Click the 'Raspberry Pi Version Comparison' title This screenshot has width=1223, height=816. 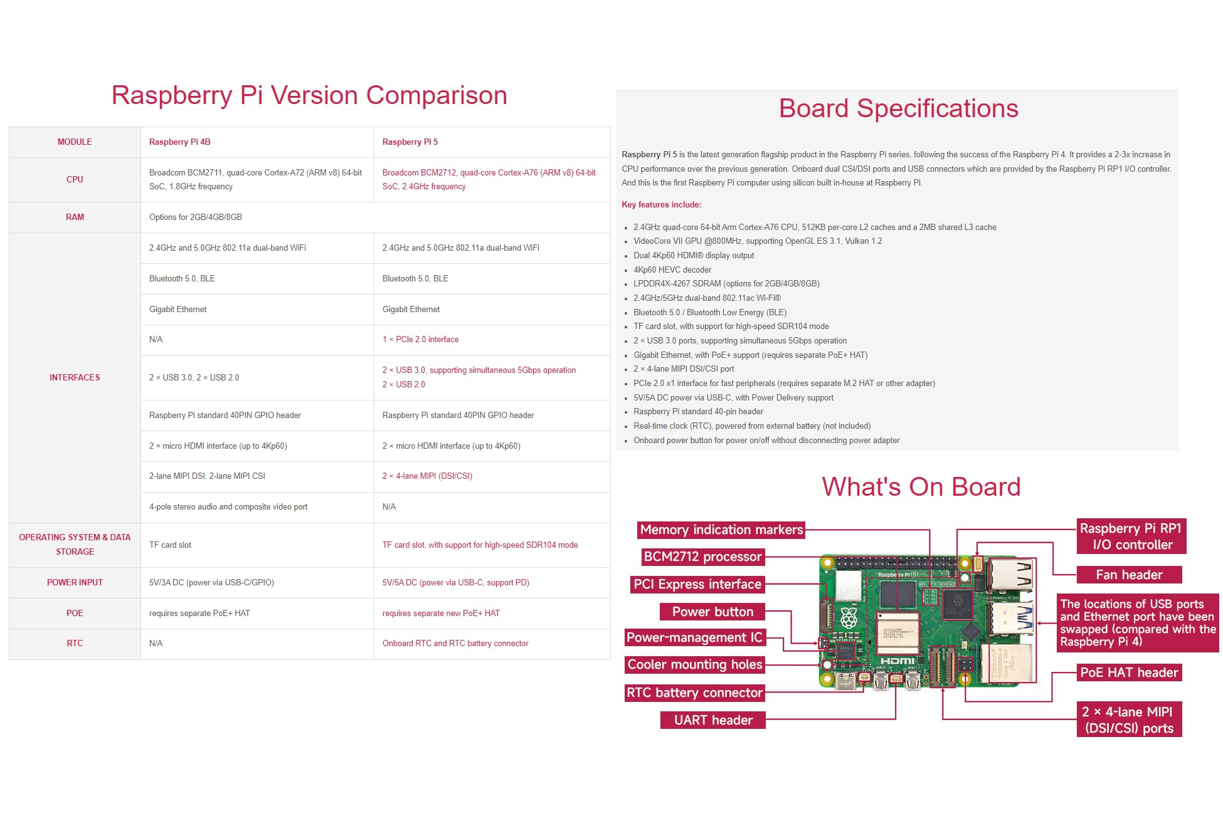click(309, 95)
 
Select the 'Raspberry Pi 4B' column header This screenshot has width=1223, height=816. click(179, 142)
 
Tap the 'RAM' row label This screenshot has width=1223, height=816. click(75, 217)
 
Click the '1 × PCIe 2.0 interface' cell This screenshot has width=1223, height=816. click(420, 340)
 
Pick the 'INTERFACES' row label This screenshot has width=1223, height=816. click(75, 378)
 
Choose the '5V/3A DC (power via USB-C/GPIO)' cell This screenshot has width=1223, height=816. click(211, 583)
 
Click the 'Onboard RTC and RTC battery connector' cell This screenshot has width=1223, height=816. click(455, 644)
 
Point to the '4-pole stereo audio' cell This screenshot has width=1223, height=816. click(228, 507)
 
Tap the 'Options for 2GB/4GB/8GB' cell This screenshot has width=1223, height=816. click(196, 217)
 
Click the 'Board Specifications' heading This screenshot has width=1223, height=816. click(898, 108)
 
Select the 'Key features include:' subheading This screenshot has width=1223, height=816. click(661, 205)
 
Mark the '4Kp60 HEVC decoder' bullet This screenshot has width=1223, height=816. click(672, 270)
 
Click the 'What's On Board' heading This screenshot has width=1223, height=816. click(921, 487)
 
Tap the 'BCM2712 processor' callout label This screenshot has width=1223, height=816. click(702, 557)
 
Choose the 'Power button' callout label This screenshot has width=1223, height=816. click(712, 612)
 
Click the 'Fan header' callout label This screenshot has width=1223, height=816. click(1129, 575)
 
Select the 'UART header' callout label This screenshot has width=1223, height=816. click(713, 720)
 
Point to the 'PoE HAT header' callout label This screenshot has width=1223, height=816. click(1129, 672)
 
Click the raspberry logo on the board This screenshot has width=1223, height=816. click(849, 618)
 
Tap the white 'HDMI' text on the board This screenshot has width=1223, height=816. click(897, 661)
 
